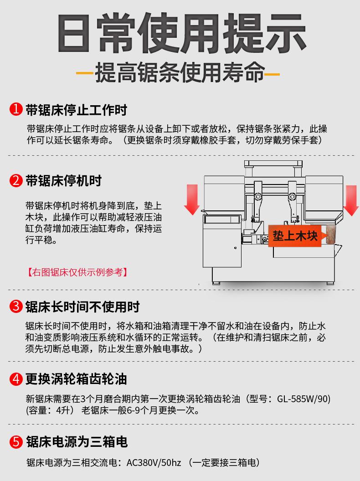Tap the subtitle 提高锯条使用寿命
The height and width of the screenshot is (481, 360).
(x=180, y=73)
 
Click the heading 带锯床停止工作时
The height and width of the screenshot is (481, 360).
(x=76, y=110)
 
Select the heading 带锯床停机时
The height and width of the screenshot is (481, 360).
(x=63, y=181)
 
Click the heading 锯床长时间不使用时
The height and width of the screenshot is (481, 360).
(x=82, y=307)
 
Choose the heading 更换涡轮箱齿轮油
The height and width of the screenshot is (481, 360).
(x=76, y=379)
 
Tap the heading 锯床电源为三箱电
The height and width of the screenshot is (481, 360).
(x=77, y=442)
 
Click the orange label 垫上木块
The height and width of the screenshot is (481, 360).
(x=295, y=235)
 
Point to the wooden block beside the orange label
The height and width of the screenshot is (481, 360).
(x=330, y=235)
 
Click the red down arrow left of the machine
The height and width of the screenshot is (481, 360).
(x=192, y=200)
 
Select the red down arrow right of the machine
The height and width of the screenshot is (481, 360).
(x=351, y=200)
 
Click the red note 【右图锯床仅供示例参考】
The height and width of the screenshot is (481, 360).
(x=77, y=272)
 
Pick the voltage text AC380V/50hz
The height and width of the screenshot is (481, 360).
(x=154, y=463)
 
